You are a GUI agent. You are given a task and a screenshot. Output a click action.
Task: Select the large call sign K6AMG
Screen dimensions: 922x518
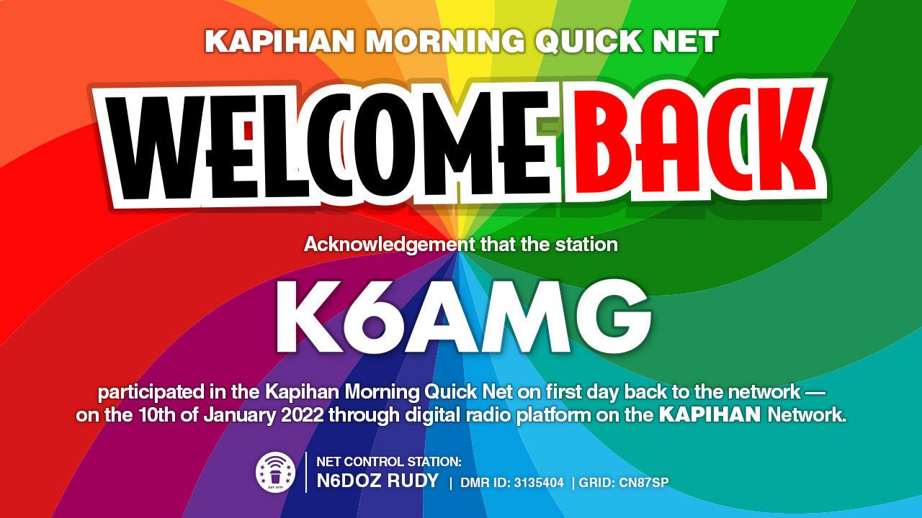tap(464, 317)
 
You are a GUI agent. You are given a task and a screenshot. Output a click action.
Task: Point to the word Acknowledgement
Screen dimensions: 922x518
tap(389, 245)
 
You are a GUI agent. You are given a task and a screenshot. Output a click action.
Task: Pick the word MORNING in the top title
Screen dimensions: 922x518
tap(445, 41)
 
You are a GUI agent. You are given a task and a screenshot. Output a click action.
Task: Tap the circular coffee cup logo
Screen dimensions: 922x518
tap(275, 472)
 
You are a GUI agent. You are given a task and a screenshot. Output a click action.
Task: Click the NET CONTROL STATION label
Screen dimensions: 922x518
tap(389, 462)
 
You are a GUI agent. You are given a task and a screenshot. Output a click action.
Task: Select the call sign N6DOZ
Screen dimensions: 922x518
tap(349, 481)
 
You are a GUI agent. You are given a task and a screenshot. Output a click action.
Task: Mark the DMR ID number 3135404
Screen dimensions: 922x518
tap(538, 483)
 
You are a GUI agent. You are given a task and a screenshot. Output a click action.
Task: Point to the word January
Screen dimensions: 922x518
tap(240, 415)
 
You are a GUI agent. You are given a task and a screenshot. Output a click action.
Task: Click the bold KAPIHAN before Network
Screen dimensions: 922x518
tap(710, 415)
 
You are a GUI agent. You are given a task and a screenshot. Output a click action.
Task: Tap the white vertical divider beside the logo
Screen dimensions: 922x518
tap(306, 472)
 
